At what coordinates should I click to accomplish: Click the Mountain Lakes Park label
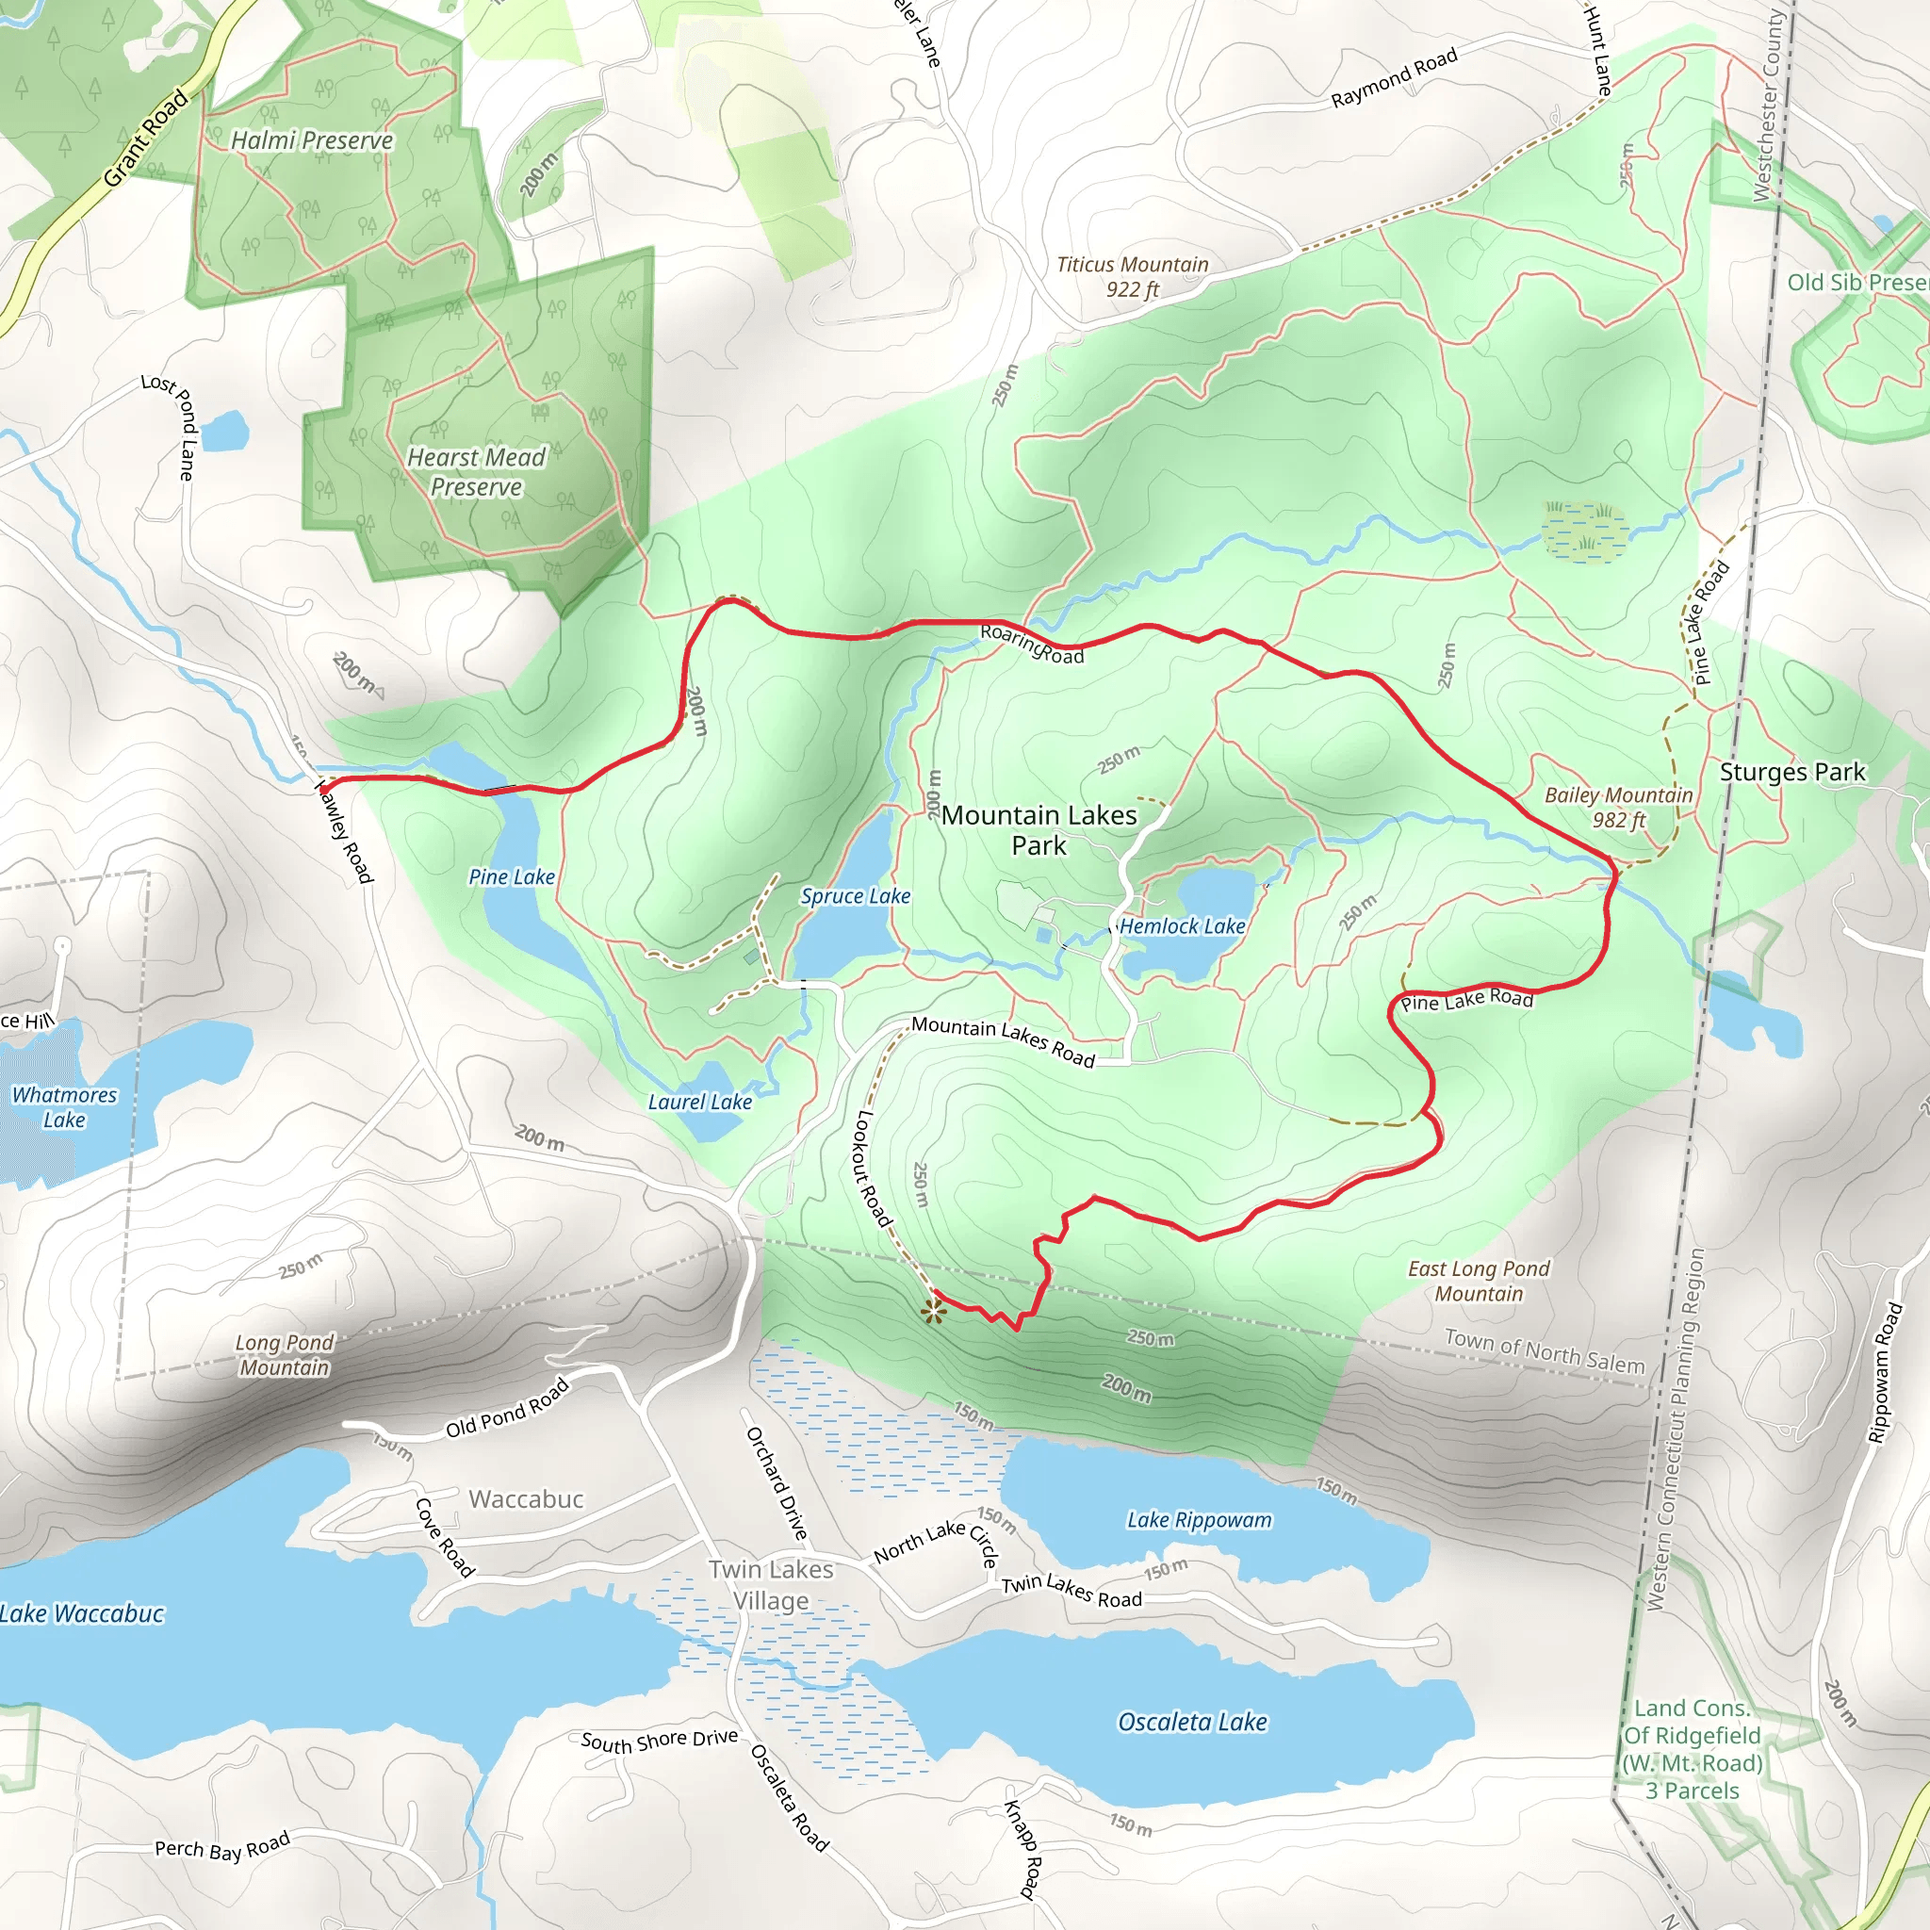point(1039,830)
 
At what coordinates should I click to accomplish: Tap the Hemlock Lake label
point(1182,926)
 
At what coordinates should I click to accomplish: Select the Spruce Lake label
point(855,896)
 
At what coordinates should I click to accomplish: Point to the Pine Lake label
point(512,877)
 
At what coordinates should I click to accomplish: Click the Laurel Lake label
point(699,1102)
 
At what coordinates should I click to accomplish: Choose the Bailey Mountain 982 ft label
point(1618,808)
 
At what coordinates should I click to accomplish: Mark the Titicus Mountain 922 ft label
point(1132,277)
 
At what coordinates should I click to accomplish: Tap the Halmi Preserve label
point(312,140)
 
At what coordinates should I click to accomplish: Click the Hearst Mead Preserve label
point(477,471)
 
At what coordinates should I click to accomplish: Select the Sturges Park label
point(1792,772)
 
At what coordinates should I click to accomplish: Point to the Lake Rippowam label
point(1199,1520)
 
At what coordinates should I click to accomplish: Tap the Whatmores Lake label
point(64,1107)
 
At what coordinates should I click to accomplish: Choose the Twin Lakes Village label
point(771,1584)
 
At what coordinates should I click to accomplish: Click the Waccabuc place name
point(526,1498)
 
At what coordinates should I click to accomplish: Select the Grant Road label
point(146,138)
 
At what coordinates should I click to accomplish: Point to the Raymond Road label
point(1394,78)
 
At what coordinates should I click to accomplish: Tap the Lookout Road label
point(872,1168)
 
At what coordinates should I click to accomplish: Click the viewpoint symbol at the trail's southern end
point(933,1311)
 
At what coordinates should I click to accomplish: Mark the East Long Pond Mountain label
point(1479,1281)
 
